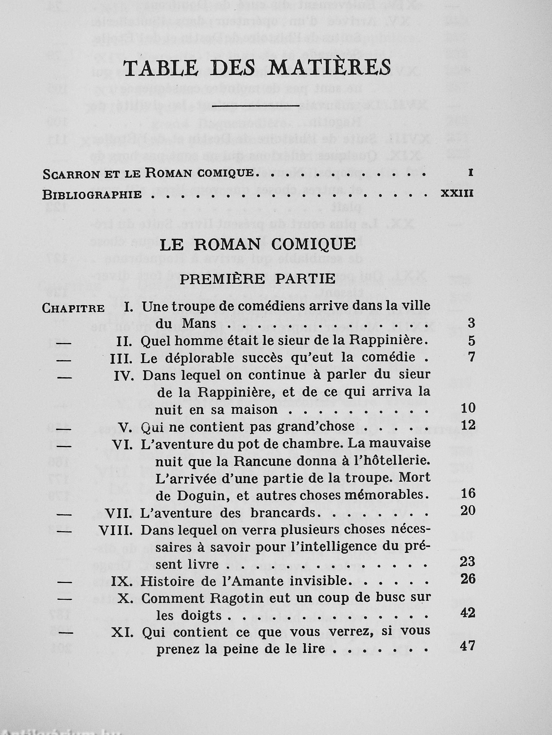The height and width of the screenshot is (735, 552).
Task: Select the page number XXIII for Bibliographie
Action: (456, 194)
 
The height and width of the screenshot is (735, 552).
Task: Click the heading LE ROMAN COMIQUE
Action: (258, 244)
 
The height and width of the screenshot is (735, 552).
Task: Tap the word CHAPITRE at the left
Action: (73, 308)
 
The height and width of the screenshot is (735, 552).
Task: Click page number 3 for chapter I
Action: (471, 323)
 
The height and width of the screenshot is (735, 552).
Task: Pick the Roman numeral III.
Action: (121, 358)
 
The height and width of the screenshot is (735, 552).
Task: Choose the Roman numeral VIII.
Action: (116, 531)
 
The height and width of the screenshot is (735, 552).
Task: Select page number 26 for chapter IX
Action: (468, 579)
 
